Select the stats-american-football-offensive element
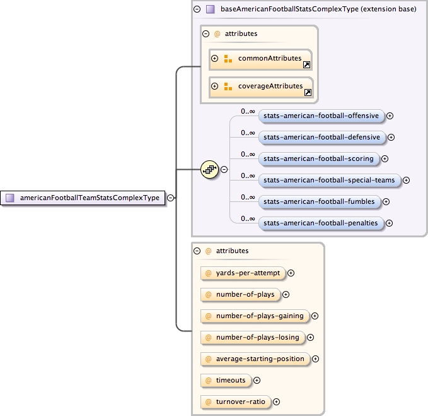tap(321, 116)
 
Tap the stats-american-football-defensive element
tap(321, 137)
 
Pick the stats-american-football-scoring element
tap(318, 158)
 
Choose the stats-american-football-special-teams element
tap(329, 180)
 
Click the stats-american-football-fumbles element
tap(320, 201)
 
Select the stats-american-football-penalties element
tap(321, 223)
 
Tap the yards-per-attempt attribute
tap(242, 273)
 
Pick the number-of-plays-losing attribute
tap(252, 337)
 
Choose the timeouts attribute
tap(225, 380)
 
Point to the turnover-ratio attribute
tap(235, 401)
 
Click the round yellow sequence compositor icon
tap(209, 169)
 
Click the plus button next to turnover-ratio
tap(276, 401)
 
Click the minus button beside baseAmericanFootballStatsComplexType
tap(197, 9)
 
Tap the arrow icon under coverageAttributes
tap(308, 92)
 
